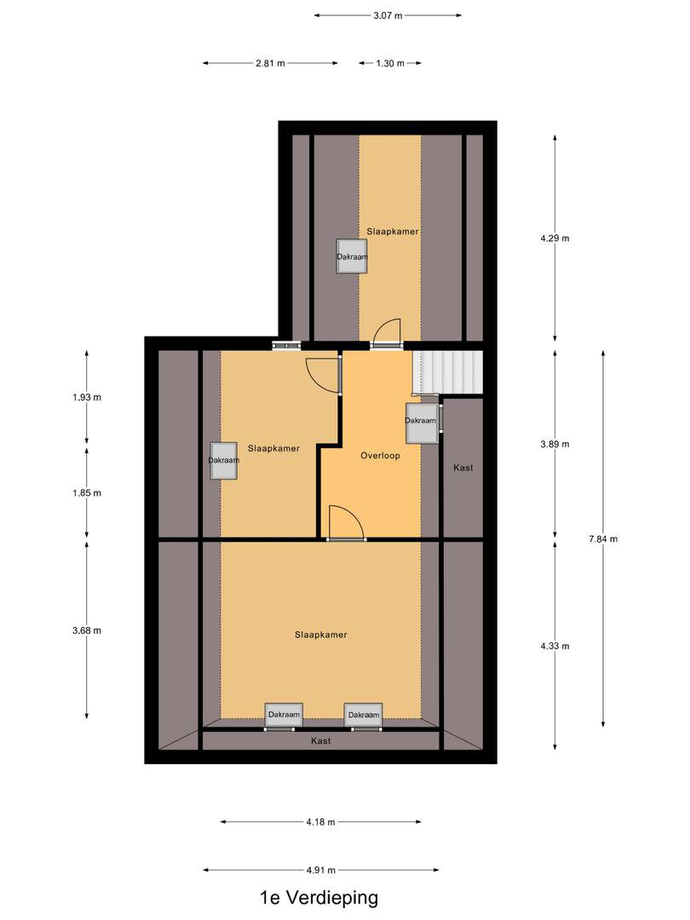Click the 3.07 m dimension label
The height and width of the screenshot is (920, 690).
[x=388, y=16]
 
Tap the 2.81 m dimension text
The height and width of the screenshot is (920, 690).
[x=270, y=63]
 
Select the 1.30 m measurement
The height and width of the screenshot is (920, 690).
[x=390, y=63]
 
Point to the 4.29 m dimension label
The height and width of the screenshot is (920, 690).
[x=555, y=239]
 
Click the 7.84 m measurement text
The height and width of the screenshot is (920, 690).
[x=603, y=538]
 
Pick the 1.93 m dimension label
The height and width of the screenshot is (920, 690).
[x=87, y=397]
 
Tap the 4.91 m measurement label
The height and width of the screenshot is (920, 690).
[x=320, y=870]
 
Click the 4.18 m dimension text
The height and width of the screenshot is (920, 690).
[x=320, y=822]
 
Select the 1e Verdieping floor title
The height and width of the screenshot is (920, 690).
[x=319, y=898]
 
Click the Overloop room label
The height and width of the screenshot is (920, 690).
[x=380, y=455]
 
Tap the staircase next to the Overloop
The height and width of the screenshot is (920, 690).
[x=448, y=372]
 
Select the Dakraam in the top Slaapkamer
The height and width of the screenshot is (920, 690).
[x=352, y=256]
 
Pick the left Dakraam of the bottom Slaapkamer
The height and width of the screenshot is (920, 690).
[x=284, y=715]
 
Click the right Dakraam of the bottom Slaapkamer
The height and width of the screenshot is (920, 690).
[x=364, y=715]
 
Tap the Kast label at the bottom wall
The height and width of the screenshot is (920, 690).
[x=321, y=741]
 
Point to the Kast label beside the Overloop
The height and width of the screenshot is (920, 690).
[x=463, y=468]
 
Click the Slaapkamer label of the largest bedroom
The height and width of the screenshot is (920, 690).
[x=321, y=635]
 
